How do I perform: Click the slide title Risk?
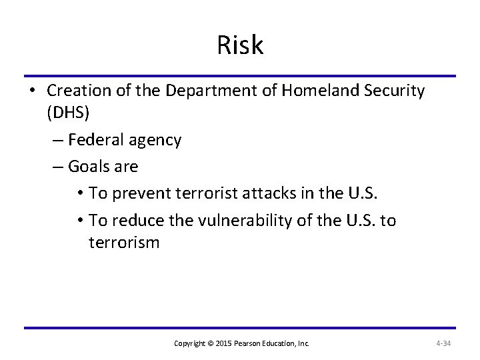point(240,46)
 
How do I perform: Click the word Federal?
point(93,140)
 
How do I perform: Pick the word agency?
point(157,140)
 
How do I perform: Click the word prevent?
point(141,193)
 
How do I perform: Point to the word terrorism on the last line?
point(124,242)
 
